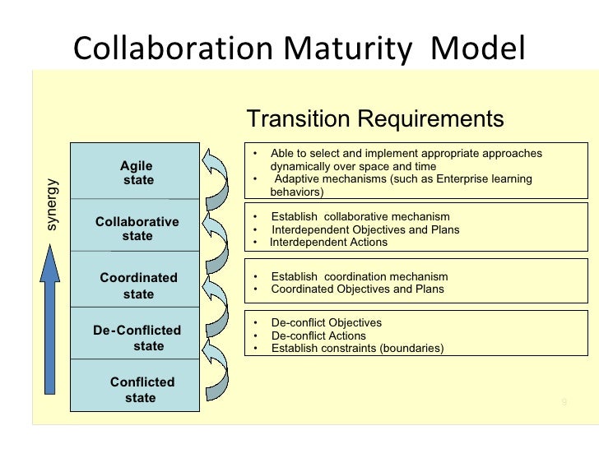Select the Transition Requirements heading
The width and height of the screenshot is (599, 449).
pos(375,120)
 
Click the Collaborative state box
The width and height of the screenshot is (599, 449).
pos(137,229)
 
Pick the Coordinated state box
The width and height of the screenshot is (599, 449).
pos(137,285)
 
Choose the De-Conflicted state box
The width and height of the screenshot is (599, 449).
pos(137,338)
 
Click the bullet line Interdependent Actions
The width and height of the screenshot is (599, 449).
pos(328,243)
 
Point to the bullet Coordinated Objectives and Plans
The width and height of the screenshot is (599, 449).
pos(357,289)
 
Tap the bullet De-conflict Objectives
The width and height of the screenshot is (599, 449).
pos(326,323)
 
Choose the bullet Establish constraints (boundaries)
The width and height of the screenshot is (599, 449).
pos(357,349)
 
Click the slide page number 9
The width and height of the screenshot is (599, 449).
pos(563,401)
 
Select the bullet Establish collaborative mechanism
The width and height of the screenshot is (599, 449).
pos(360,217)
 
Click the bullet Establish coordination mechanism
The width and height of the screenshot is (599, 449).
pos(359,276)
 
